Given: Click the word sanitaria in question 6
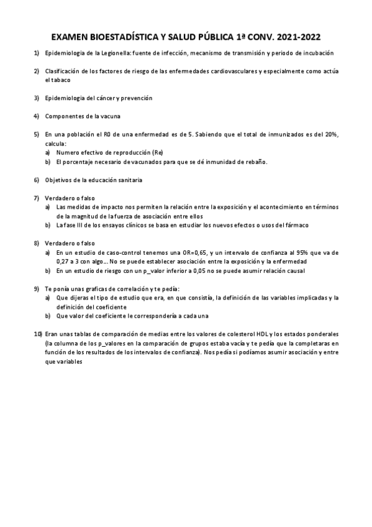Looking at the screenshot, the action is coord(127,180).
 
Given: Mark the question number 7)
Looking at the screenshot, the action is coord(37,198).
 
